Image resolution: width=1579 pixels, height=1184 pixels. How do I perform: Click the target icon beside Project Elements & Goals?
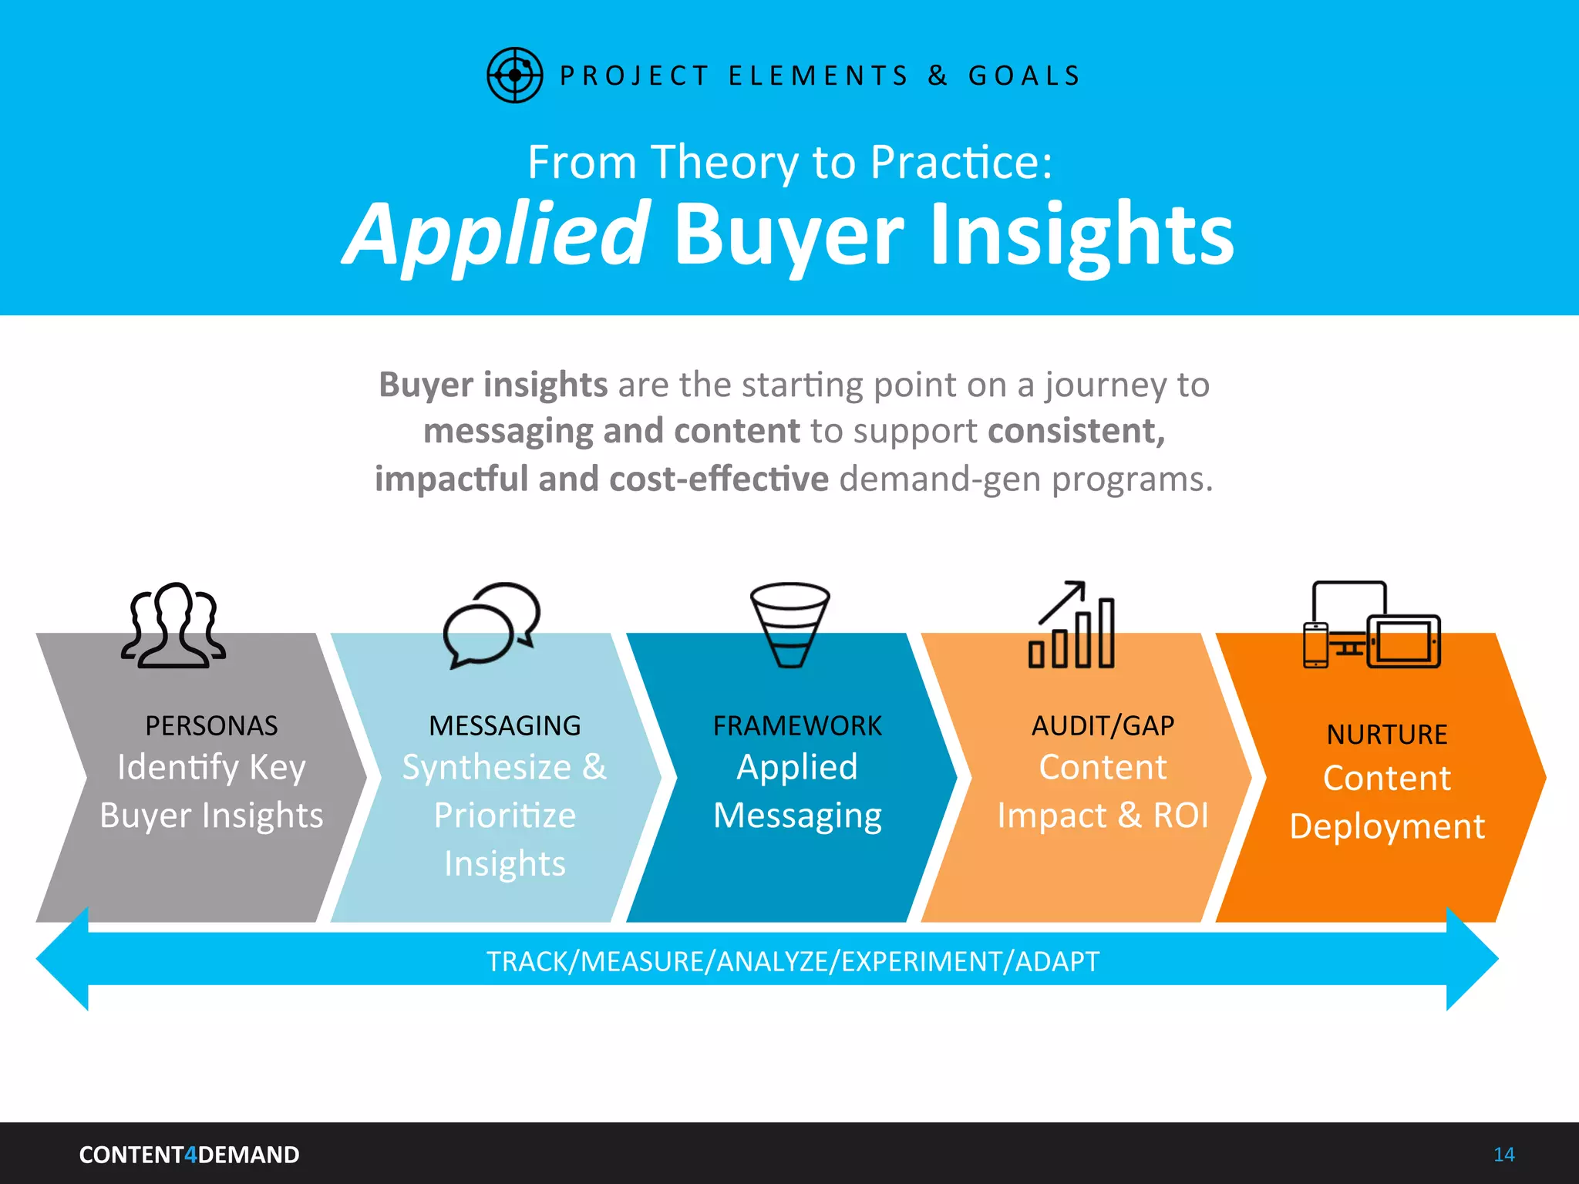tap(514, 75)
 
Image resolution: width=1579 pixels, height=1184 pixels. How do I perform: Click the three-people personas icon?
tap(173, 625)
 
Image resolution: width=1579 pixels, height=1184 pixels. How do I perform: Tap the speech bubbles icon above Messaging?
tap(491, 624)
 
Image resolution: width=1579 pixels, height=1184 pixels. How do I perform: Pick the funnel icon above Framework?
tap(789, 624)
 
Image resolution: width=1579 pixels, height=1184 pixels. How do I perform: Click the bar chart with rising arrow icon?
tap(1072, 625)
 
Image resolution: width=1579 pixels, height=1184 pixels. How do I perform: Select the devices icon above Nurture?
tap(1372, 625)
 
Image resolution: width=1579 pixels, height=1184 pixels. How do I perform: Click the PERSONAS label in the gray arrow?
tap(211, 726)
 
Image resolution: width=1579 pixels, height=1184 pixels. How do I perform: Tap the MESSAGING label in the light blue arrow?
tap(505, 726)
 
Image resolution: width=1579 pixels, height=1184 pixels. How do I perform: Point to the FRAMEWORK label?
tap(797, 726)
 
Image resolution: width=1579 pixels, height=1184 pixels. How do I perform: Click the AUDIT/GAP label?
tap(1103, 726)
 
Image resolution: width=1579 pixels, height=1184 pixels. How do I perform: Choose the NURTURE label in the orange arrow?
tap(1386, 735)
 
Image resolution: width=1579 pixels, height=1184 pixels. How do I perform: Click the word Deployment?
tap(1386, 826)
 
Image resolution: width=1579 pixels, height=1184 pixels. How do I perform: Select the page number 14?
tap(1503, 1155)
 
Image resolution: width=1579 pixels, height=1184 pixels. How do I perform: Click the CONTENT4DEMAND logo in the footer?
tap(189, 1155)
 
